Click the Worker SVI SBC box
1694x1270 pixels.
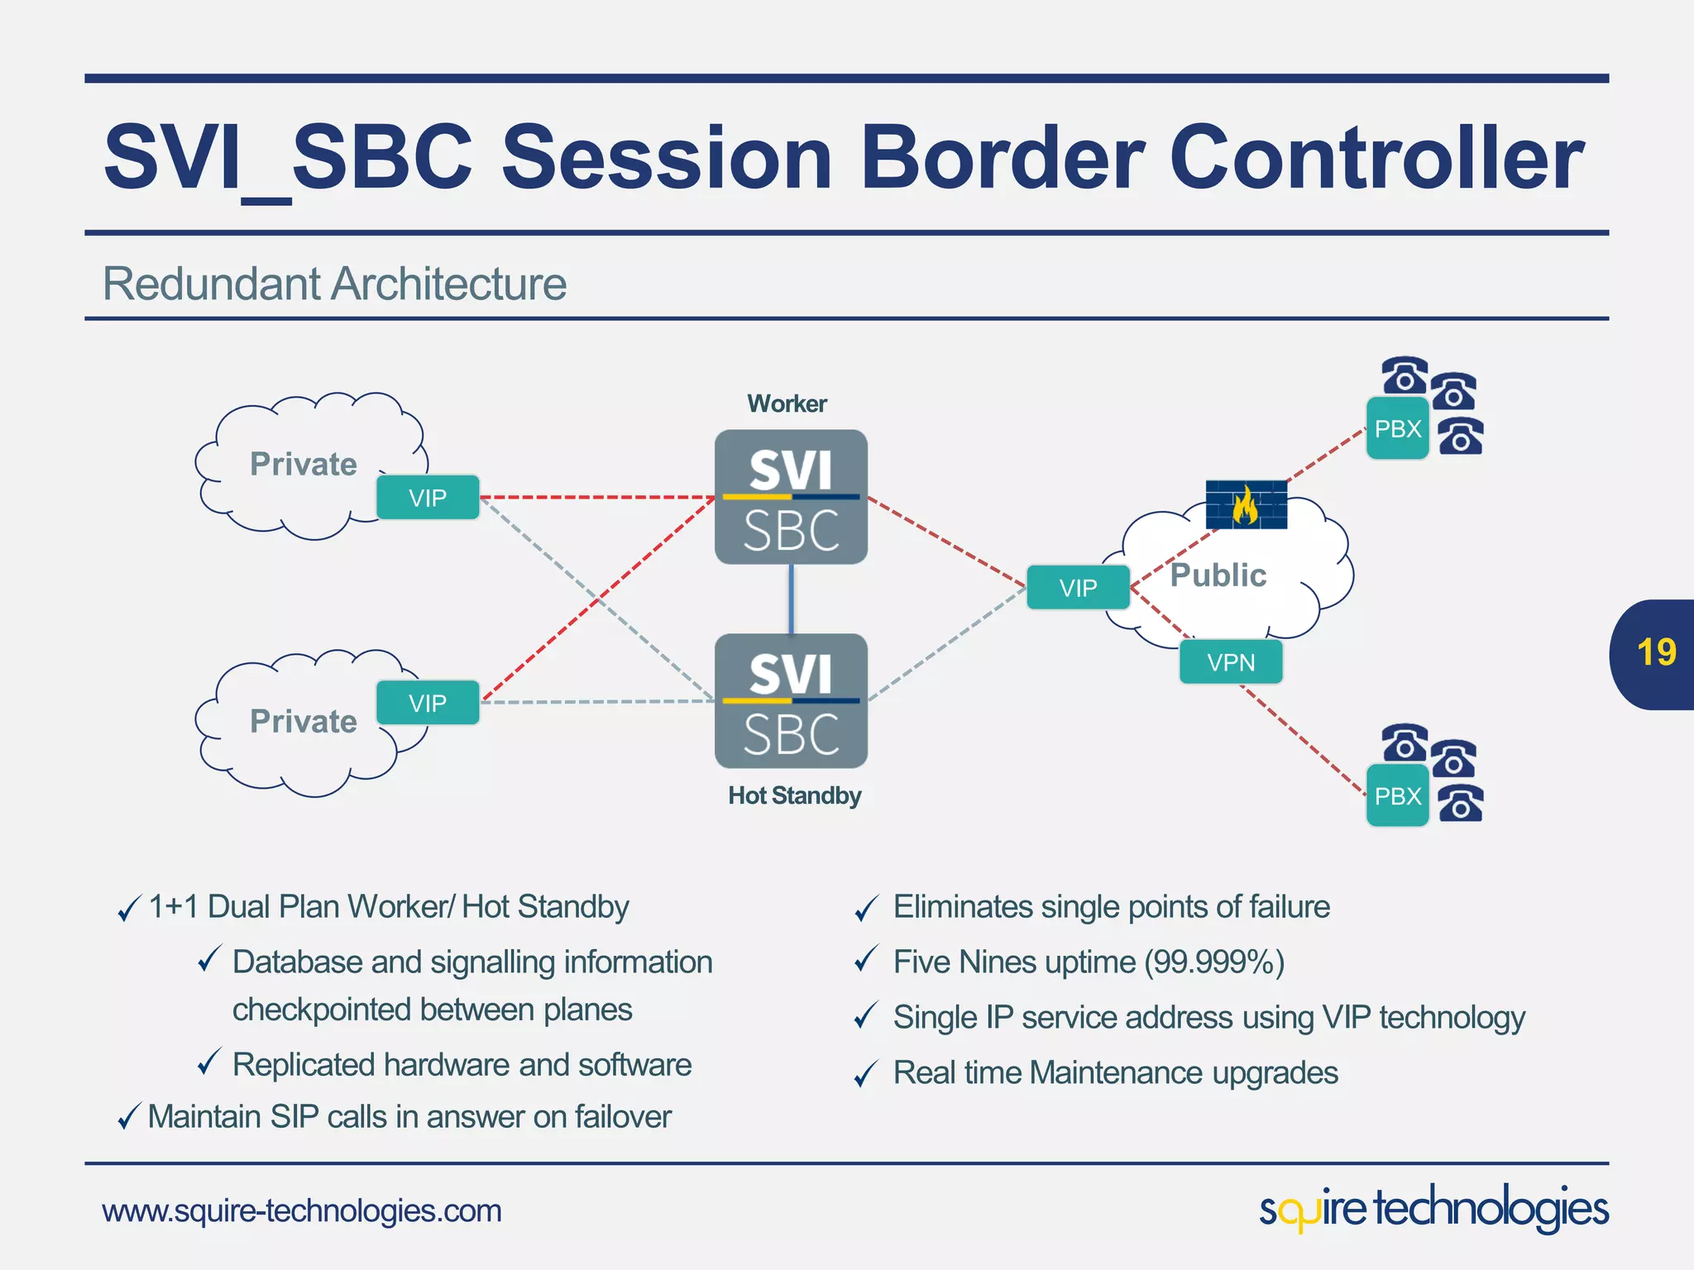point(791,497)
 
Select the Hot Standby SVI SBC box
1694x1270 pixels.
point(791,701)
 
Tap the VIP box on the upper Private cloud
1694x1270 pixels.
point(428,498)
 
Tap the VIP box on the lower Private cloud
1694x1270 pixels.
point(428,703)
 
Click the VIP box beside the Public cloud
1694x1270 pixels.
point(1078,588)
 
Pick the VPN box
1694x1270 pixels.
point(1231,662)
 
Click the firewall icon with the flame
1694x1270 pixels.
point(1246,504)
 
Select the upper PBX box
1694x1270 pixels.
point(1397,429)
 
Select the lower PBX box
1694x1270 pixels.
point(1397,796)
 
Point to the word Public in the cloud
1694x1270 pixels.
point(1218,575)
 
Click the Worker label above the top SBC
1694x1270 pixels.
point(787,403)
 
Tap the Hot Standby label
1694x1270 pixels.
point(794,795)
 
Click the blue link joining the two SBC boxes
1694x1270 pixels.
point(792,599)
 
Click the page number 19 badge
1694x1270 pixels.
point(1655,653)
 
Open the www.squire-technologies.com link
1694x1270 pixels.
point(302,1211)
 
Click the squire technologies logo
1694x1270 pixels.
point(1433,1210)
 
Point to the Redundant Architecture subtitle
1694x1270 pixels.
point(334,284)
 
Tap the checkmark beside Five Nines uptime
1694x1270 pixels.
point(865,961)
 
